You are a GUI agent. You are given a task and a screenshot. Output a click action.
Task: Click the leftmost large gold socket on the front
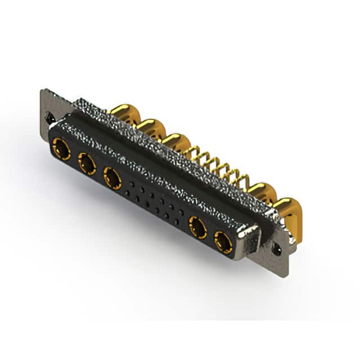tap(61, 150)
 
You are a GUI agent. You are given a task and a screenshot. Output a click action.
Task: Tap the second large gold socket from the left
tap(87, 164)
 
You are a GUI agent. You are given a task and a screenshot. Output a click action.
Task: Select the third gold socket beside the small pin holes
tap(112, 178)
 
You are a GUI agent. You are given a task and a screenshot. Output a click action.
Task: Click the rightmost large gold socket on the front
tap(223, 242)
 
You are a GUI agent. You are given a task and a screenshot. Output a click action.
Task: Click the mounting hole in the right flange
tap(276, 247)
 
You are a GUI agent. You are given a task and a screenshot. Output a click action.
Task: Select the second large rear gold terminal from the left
tap(150, 127)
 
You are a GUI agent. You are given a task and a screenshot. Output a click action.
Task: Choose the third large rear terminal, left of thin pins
tap(176, 141)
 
